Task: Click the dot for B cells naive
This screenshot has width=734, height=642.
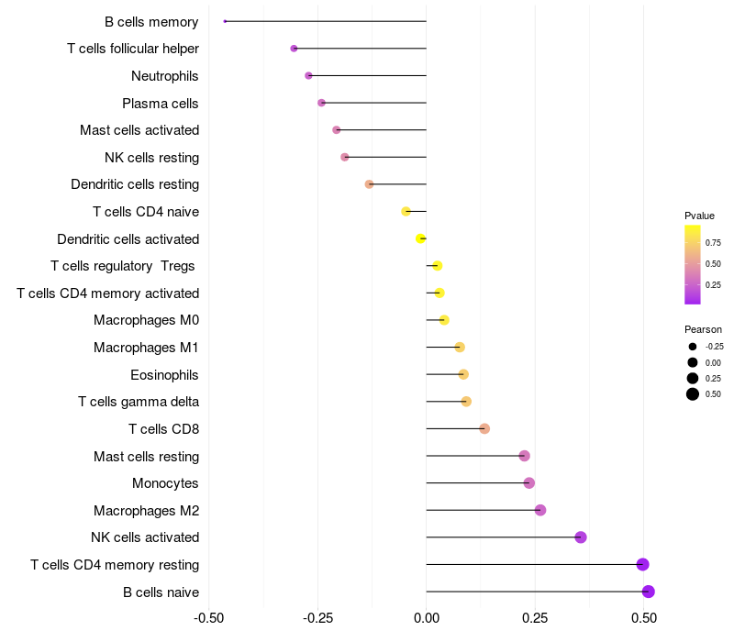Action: (649, 592)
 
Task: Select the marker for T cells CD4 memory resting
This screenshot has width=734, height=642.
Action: (642, 564)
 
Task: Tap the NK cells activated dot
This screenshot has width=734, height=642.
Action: (581, 537)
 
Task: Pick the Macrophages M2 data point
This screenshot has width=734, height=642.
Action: (540, 510)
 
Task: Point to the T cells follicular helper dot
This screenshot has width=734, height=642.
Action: (294, 49)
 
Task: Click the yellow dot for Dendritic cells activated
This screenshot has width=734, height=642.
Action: (421, 238)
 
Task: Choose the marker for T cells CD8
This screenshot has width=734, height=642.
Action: (484, 429)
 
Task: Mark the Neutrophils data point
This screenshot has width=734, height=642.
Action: (308, 75)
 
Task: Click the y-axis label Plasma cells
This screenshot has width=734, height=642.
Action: (161, 104)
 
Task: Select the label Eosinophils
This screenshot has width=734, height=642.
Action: (165, 375)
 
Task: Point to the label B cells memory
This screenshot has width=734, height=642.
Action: (151, 22)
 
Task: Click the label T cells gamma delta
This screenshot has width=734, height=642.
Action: (139, 402)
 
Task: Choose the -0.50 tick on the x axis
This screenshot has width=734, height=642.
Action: (210, 618)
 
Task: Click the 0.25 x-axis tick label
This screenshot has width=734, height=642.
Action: (535, 618)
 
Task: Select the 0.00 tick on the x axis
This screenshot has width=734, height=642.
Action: (427, 618)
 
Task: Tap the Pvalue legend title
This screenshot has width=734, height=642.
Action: (699, 216)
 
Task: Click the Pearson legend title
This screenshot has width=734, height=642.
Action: (703, 329)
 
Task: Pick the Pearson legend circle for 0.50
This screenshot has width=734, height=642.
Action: (693, 394)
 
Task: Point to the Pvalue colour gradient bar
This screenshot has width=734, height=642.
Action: (693, 264)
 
